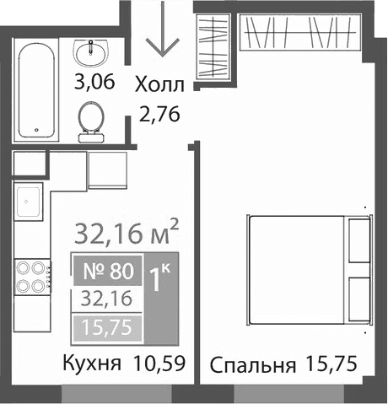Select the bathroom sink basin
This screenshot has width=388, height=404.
click(x=89, y=54)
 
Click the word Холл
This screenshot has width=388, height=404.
click(x=159, y=84)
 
